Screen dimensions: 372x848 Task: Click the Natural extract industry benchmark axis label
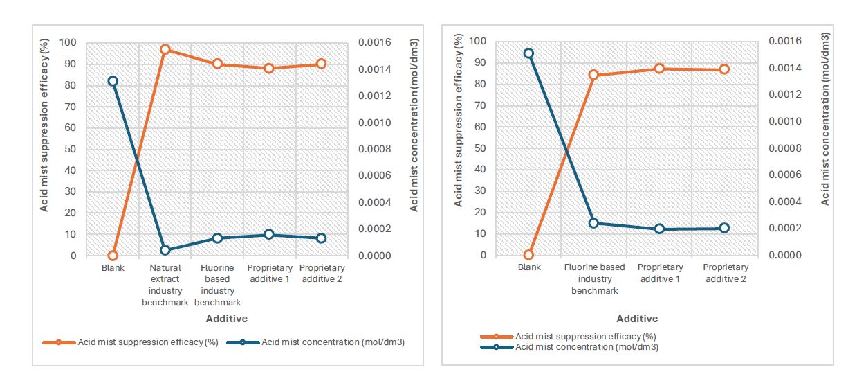point(165,285)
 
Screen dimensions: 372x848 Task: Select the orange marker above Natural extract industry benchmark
point(165,50)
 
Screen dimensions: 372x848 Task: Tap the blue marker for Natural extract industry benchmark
point(165,250)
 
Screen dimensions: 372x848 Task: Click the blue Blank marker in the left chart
point(113,81)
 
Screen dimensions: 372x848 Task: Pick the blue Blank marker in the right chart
point(528,53)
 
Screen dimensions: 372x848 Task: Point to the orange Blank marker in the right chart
point(528,255)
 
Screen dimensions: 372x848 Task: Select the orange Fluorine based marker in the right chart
point(593,75)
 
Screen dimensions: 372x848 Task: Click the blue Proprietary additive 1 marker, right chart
point(659,229)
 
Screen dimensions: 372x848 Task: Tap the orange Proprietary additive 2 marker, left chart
point(321,64)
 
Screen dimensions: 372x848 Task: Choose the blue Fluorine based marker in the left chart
point(217,238)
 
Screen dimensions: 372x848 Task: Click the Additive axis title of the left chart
point(226,319)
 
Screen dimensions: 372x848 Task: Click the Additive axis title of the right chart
point(637,319)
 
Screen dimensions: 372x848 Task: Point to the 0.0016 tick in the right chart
point(784,42)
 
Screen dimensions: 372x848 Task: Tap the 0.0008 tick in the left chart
point(374,150)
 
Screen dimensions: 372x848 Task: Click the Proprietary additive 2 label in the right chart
point(726,273)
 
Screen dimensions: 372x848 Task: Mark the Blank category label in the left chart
point(113,268)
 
